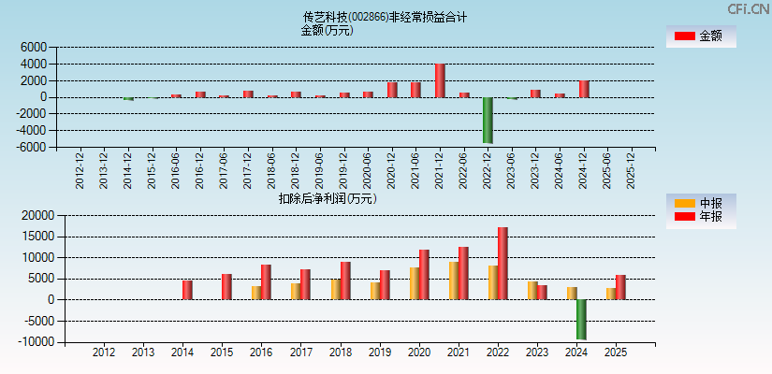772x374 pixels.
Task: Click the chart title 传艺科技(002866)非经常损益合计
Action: tap(385, 17)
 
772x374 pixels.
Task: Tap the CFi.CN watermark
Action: tap(749, 8)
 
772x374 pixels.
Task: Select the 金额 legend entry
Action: tap(700, 36)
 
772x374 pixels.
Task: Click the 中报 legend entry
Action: tap(700, 203)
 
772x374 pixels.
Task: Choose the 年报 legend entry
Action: tap(700, 217)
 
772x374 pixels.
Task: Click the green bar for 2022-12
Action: tap(488, 120)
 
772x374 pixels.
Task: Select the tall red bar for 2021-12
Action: tap(440, 80)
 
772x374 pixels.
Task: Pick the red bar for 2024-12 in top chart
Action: tap(584, 89)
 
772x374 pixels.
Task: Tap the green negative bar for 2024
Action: tap(581, 319)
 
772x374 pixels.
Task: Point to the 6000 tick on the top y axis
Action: tap(33, 47)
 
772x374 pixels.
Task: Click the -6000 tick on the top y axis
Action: tap(31, 147)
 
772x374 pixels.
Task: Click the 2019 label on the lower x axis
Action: tap(380, 352)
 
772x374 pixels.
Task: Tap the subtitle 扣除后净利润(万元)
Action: tap(327, 198)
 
